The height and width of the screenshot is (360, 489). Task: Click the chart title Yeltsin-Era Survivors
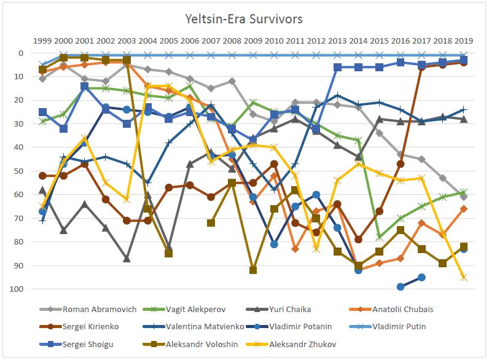[244, 19]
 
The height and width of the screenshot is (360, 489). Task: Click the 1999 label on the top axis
[42, 41]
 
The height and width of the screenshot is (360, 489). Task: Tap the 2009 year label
[253, 41]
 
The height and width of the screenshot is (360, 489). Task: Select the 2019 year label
[464, 41]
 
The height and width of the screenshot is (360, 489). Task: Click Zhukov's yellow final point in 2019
[464, 278]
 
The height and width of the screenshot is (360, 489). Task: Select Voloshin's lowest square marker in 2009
[253, 270]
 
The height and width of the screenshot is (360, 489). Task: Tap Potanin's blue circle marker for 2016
[401, 287]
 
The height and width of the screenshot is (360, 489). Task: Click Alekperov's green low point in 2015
[380, 237]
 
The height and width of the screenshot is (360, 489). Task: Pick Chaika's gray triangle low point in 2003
[127, 259]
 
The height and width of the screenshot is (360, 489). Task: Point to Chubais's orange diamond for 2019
[464, 209]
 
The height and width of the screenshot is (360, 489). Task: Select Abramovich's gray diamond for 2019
[464, 197]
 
